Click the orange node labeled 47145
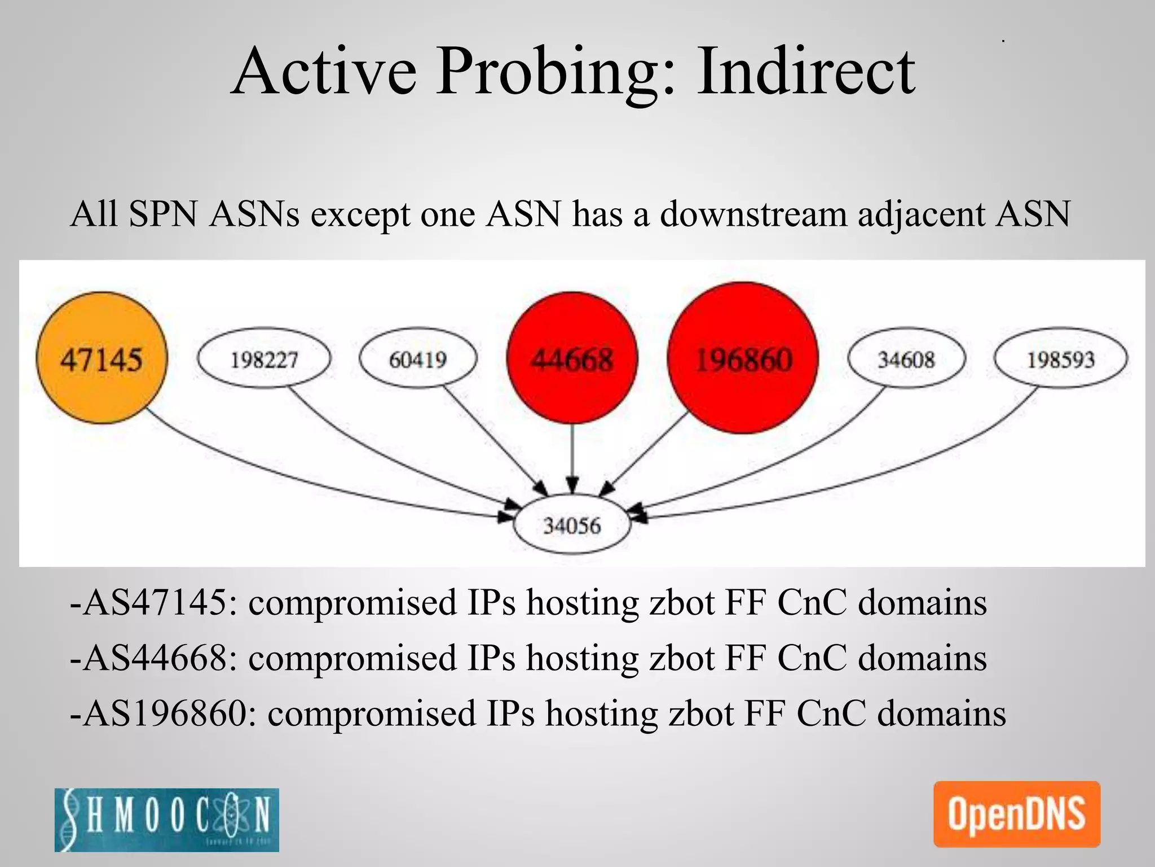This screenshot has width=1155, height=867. [x=102, y=358]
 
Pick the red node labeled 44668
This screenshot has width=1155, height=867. [x=572, y=358]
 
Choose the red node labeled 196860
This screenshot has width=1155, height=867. [x=743, y=358]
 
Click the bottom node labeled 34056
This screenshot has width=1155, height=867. [x=572, y=526]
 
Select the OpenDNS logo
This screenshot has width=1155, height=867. [x=1016, y=814]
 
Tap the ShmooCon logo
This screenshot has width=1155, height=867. [x=167, y=820]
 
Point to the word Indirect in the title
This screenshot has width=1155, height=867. [x=806, y=72]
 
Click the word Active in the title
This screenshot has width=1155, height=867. [x=324, y=72]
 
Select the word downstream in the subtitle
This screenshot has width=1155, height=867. [x=753, y=214]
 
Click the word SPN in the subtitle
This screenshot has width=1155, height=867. [x=163, y=214]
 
